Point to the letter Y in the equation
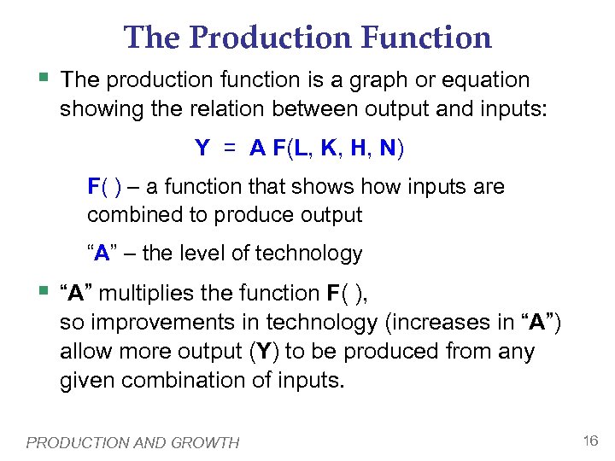point(202,149)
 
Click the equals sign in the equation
point(230,149)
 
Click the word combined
point(129,215)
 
